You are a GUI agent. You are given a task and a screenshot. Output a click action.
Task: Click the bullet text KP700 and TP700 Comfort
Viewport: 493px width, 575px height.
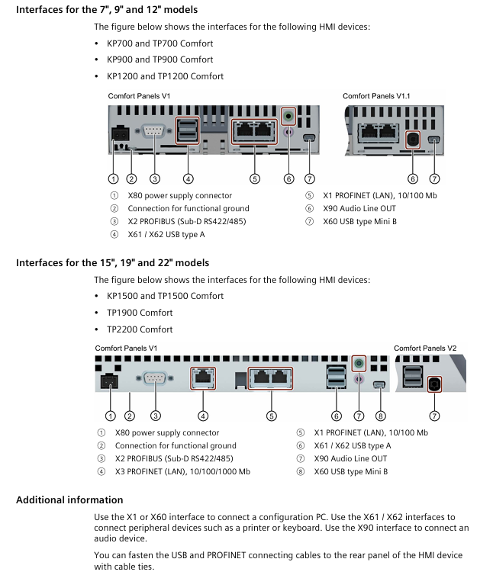click(159, 43)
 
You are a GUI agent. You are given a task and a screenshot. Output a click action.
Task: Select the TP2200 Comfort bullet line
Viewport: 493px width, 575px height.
click(140, 329)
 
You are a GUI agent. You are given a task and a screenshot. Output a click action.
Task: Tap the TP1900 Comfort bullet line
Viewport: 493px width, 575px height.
click(140, 313)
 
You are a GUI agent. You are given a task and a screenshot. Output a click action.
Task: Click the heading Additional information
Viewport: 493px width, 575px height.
click(69, 500)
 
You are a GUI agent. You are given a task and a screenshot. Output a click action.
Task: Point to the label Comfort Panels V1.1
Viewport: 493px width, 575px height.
click(376, 96)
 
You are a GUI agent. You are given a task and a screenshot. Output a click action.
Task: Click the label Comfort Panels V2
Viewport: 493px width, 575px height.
click(425, 349)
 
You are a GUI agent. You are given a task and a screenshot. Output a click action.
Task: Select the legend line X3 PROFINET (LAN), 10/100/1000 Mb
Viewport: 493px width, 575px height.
click(182, 471)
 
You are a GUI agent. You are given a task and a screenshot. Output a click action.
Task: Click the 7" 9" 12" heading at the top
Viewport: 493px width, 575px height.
click(106, 10)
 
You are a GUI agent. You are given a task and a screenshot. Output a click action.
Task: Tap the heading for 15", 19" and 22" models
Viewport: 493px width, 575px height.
click(112, 262)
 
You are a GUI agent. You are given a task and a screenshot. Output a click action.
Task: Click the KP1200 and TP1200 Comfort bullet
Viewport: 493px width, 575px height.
click(165, 76)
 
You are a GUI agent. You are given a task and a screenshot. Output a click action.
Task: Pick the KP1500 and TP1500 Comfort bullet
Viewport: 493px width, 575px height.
click(165, 296)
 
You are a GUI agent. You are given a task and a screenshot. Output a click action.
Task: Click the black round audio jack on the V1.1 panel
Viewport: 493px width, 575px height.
click(413, 140)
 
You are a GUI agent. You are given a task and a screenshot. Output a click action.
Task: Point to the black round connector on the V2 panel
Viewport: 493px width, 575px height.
click(435, 385)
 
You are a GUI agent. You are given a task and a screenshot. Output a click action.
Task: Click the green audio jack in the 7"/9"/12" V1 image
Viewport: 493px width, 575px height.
click(288, 117)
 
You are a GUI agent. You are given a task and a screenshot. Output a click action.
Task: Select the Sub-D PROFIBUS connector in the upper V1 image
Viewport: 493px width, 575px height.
click(154, 134)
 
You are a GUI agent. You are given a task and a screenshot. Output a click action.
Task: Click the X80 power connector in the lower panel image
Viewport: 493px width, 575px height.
click(110, 382)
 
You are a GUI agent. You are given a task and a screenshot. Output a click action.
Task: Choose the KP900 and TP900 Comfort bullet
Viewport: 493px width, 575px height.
click(159, 59)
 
